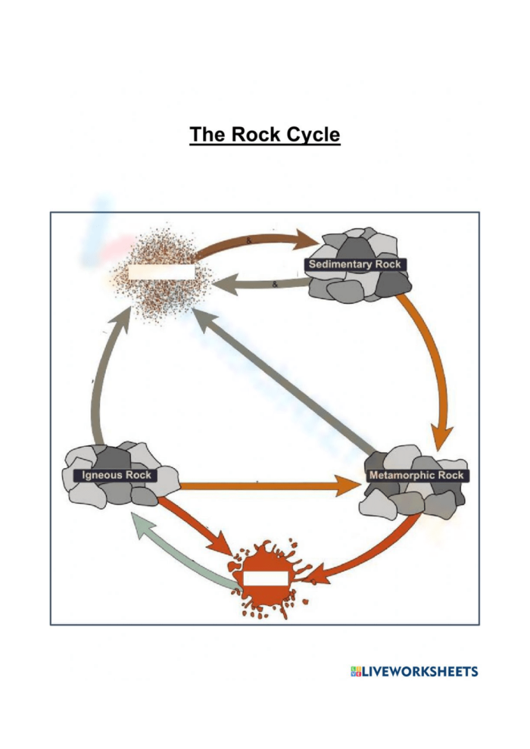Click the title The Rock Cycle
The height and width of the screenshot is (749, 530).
[x=264, y=136]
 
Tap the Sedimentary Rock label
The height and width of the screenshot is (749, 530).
[x=356, y=264]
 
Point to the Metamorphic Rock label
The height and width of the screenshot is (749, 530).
[x=416, y=476]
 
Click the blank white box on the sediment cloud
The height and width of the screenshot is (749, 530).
[x=161, y=271]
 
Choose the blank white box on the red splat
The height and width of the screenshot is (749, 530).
[x=265, y=579]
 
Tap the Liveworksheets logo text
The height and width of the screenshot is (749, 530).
[x=421, y=672]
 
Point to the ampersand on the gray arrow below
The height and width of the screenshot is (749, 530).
[x=274, y=285]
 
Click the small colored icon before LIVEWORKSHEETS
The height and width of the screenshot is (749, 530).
[x=356, y=672]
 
